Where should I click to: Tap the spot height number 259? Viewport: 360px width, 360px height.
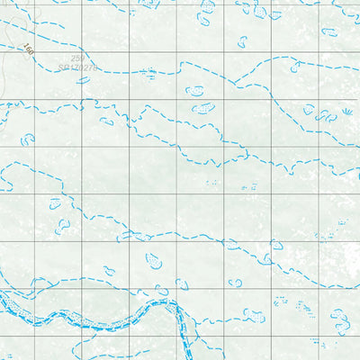tap(78, 58)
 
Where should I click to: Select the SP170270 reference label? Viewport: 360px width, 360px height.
tap(76, 67)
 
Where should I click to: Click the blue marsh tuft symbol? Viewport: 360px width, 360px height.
tap(346, 112)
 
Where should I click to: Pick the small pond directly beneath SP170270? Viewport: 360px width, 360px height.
tap(84, 80)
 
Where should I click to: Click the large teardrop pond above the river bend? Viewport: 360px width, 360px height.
tap(154, 261)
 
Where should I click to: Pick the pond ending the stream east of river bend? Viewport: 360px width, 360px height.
tap(236, 283)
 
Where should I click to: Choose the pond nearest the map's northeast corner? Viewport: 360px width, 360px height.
tap(328, 31)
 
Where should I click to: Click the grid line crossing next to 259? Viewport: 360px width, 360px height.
tap(83, 51)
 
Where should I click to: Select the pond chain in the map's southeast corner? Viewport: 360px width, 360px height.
tap(340, 319)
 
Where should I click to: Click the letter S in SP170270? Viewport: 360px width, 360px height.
tap(60, 67)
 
